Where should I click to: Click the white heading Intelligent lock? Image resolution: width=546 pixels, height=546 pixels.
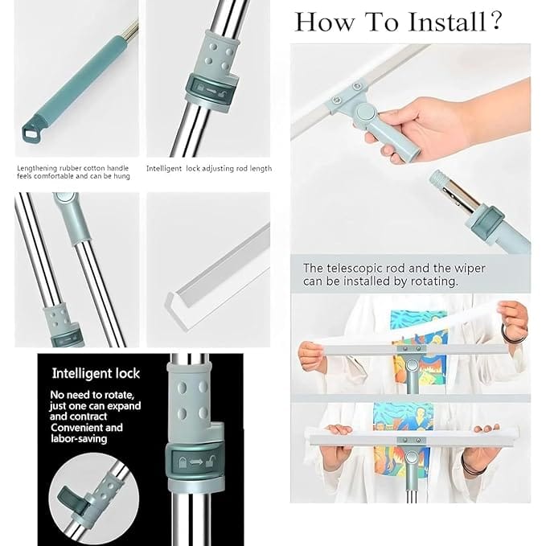click(96, 373)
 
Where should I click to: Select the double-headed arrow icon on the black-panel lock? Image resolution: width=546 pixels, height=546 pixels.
click(194, 462)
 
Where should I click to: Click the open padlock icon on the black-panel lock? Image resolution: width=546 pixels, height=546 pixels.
click(211, 462)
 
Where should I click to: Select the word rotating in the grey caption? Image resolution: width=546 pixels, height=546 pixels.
click(431, 281)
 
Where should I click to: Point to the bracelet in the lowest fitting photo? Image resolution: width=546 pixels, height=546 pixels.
click(474, 466)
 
